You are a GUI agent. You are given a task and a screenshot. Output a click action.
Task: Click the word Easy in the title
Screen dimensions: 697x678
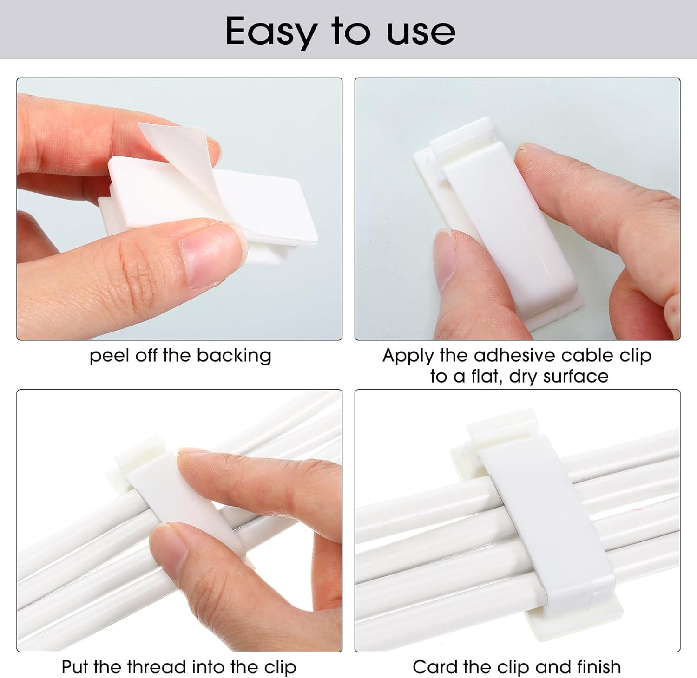click(x=270, y=32)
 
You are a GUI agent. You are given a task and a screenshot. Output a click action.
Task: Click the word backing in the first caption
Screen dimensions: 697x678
click(x=234, y=356)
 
